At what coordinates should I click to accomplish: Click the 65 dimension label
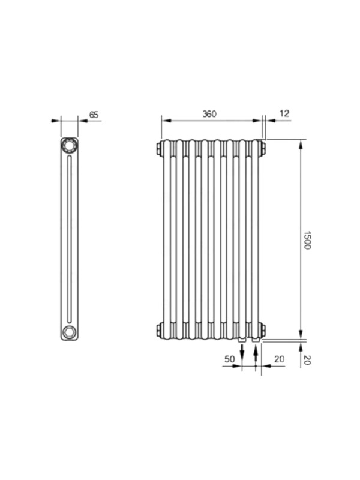(x=94, y=115)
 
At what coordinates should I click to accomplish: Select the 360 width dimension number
(x=209, y=114)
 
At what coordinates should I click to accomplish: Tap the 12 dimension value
(x=284, y=113)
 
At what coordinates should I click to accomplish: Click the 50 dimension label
(x=229, y=359)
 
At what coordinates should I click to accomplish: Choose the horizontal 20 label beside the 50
(x=279, y=359)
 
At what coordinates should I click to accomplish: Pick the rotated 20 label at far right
(x=307, y=360)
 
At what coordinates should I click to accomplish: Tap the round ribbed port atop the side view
(x=69, y=145)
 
